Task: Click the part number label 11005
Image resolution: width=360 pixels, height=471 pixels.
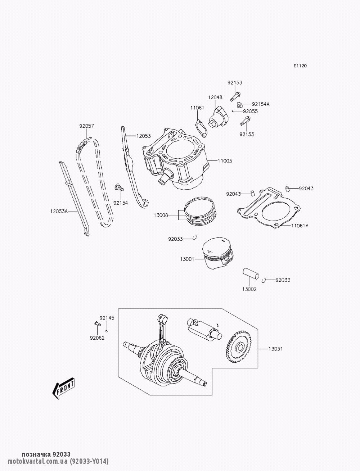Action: coord(225,161)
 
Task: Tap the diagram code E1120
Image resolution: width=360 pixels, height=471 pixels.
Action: coord(300,66)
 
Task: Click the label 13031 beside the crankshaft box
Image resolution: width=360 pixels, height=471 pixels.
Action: coord(275,349)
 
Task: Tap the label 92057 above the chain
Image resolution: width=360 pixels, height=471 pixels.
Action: coord(86,126)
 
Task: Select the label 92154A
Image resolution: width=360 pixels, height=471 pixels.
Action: coord(261,104)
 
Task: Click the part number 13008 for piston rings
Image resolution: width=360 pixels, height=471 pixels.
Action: coord(161,215)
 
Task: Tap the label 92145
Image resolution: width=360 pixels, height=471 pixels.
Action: coord(107,318)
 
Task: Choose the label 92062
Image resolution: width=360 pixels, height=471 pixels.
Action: coord(97,338)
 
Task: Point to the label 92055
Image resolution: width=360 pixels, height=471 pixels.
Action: coord(250,112)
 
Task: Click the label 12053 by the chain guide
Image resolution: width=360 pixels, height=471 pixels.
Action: coord(143,136)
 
